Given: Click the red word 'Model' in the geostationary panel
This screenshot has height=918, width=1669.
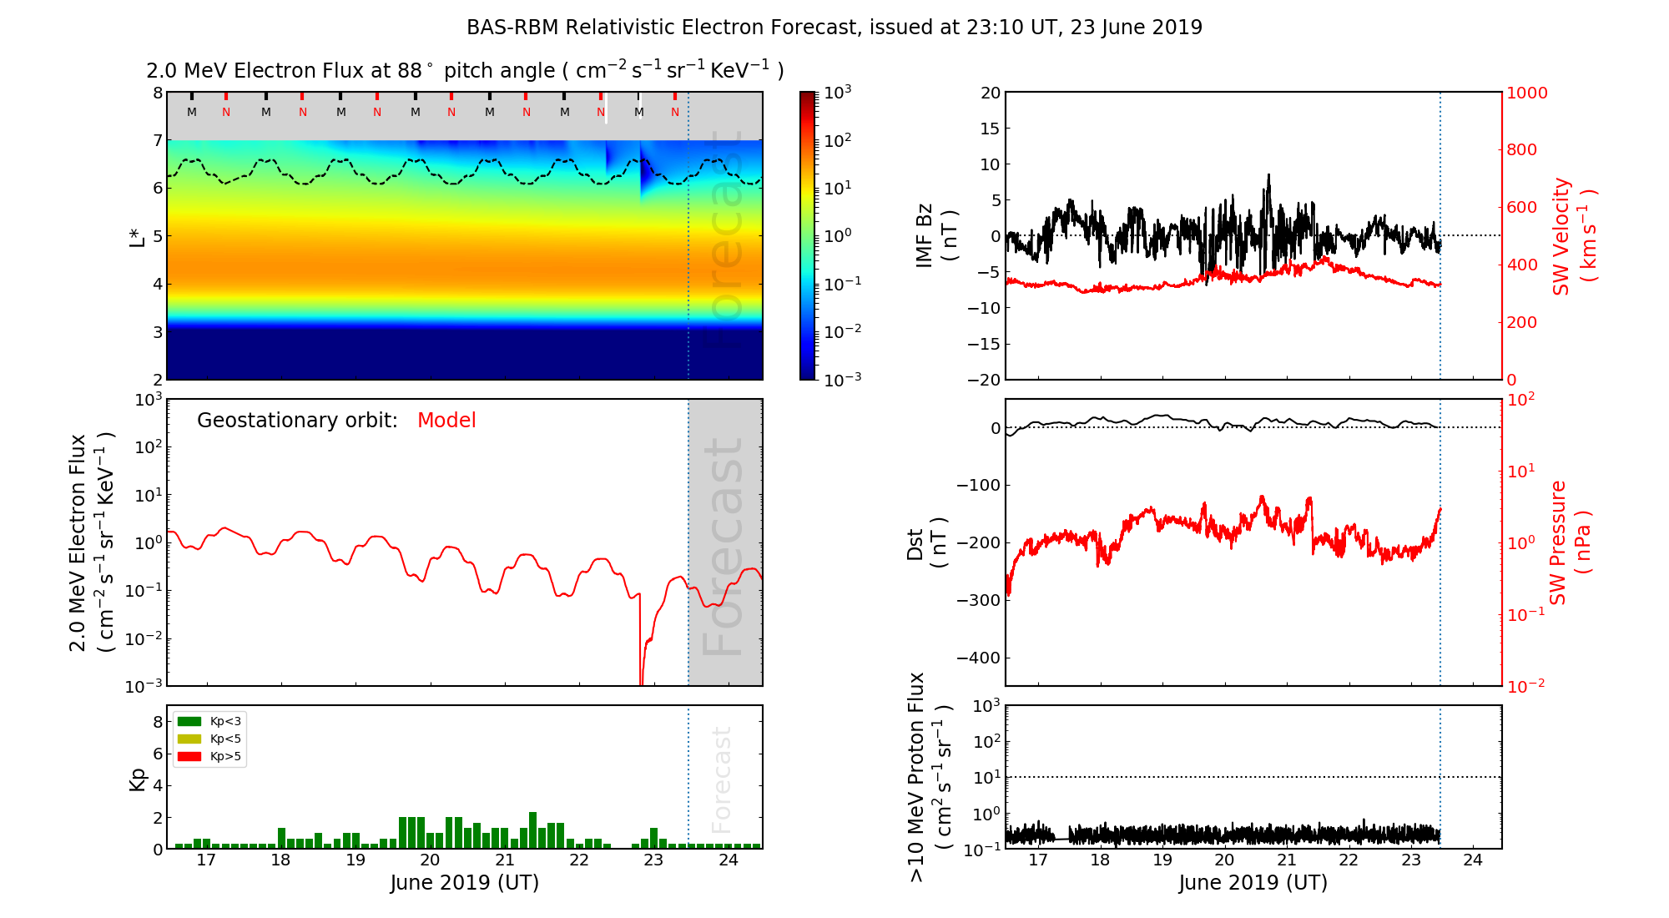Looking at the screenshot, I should [446, 421].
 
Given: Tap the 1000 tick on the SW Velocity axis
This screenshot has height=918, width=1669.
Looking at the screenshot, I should [1526, 93].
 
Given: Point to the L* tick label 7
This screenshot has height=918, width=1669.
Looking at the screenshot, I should [157, 140].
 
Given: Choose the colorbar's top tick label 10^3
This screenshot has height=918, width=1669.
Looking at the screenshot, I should [837, 92].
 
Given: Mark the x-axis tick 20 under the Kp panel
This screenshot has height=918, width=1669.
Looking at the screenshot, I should [430, 860].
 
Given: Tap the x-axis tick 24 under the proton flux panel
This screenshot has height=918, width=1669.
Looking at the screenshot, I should [1473, 860].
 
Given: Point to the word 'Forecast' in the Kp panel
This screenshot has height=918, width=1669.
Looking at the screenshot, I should [721, 779].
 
